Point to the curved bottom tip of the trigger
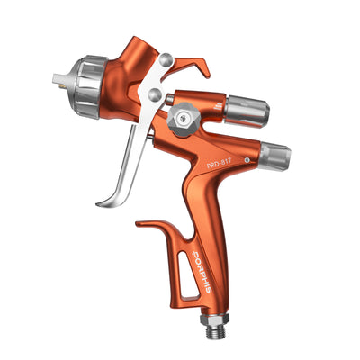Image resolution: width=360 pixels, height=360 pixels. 102,199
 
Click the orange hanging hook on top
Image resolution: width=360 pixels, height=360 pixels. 193,64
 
